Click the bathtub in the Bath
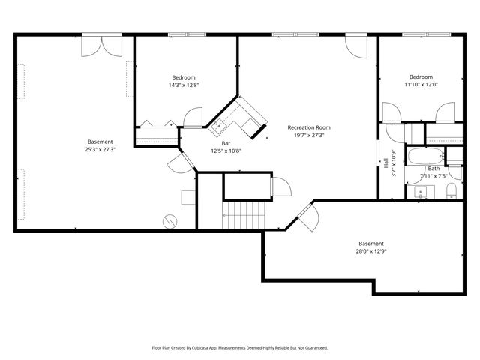pyautogui.click(x=425, y=157)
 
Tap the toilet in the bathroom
pyautogui.click(x=451, y=193)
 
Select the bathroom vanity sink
pyautogui.click(x=421, y=193)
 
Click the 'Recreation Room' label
pyautogui.click(x=309, y=127)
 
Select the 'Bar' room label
pyautogui.click(x=226, y=143)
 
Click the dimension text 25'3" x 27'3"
pyautogui.click(x=100, y=149)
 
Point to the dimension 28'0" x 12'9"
pyautogui.click(x=371, y=251)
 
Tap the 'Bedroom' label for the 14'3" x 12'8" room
pyautogui.click(x=184, y=77)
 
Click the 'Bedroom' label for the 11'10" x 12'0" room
pyautogui.click(x=421, y=76)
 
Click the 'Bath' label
pyautogui.click(x=433, y=169)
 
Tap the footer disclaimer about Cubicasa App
pyautogui.click(x=240, y=348)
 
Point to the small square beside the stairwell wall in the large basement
pyautogui.click(x=188, y=197)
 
